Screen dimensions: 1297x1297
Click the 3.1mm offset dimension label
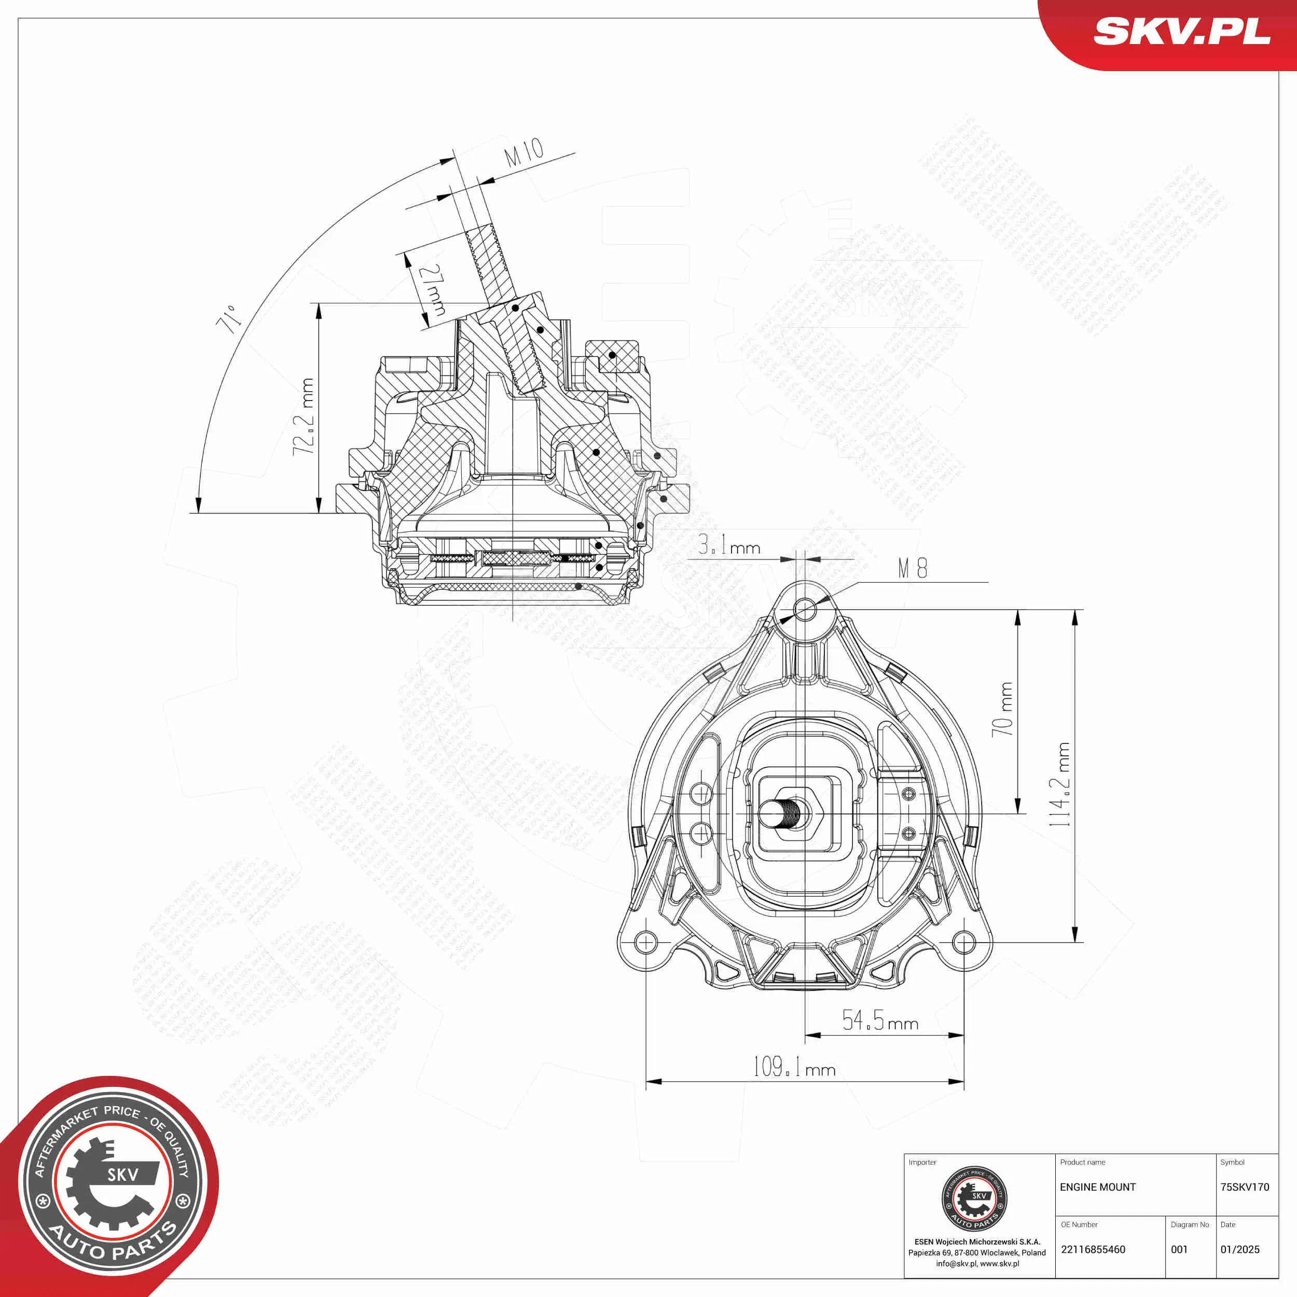tap(729, 545)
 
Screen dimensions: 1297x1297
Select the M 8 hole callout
tap(913, 569)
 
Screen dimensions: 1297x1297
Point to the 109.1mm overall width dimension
tap(794, 1067)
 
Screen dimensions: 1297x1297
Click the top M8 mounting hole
tap(805, 610)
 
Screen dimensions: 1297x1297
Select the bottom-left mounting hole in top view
tap(645, 942)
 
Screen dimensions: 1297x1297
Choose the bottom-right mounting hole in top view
tap(964, 942)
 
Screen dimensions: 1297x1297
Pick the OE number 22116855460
tap(1093, 1249)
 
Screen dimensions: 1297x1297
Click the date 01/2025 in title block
tap(1240, 1249)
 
